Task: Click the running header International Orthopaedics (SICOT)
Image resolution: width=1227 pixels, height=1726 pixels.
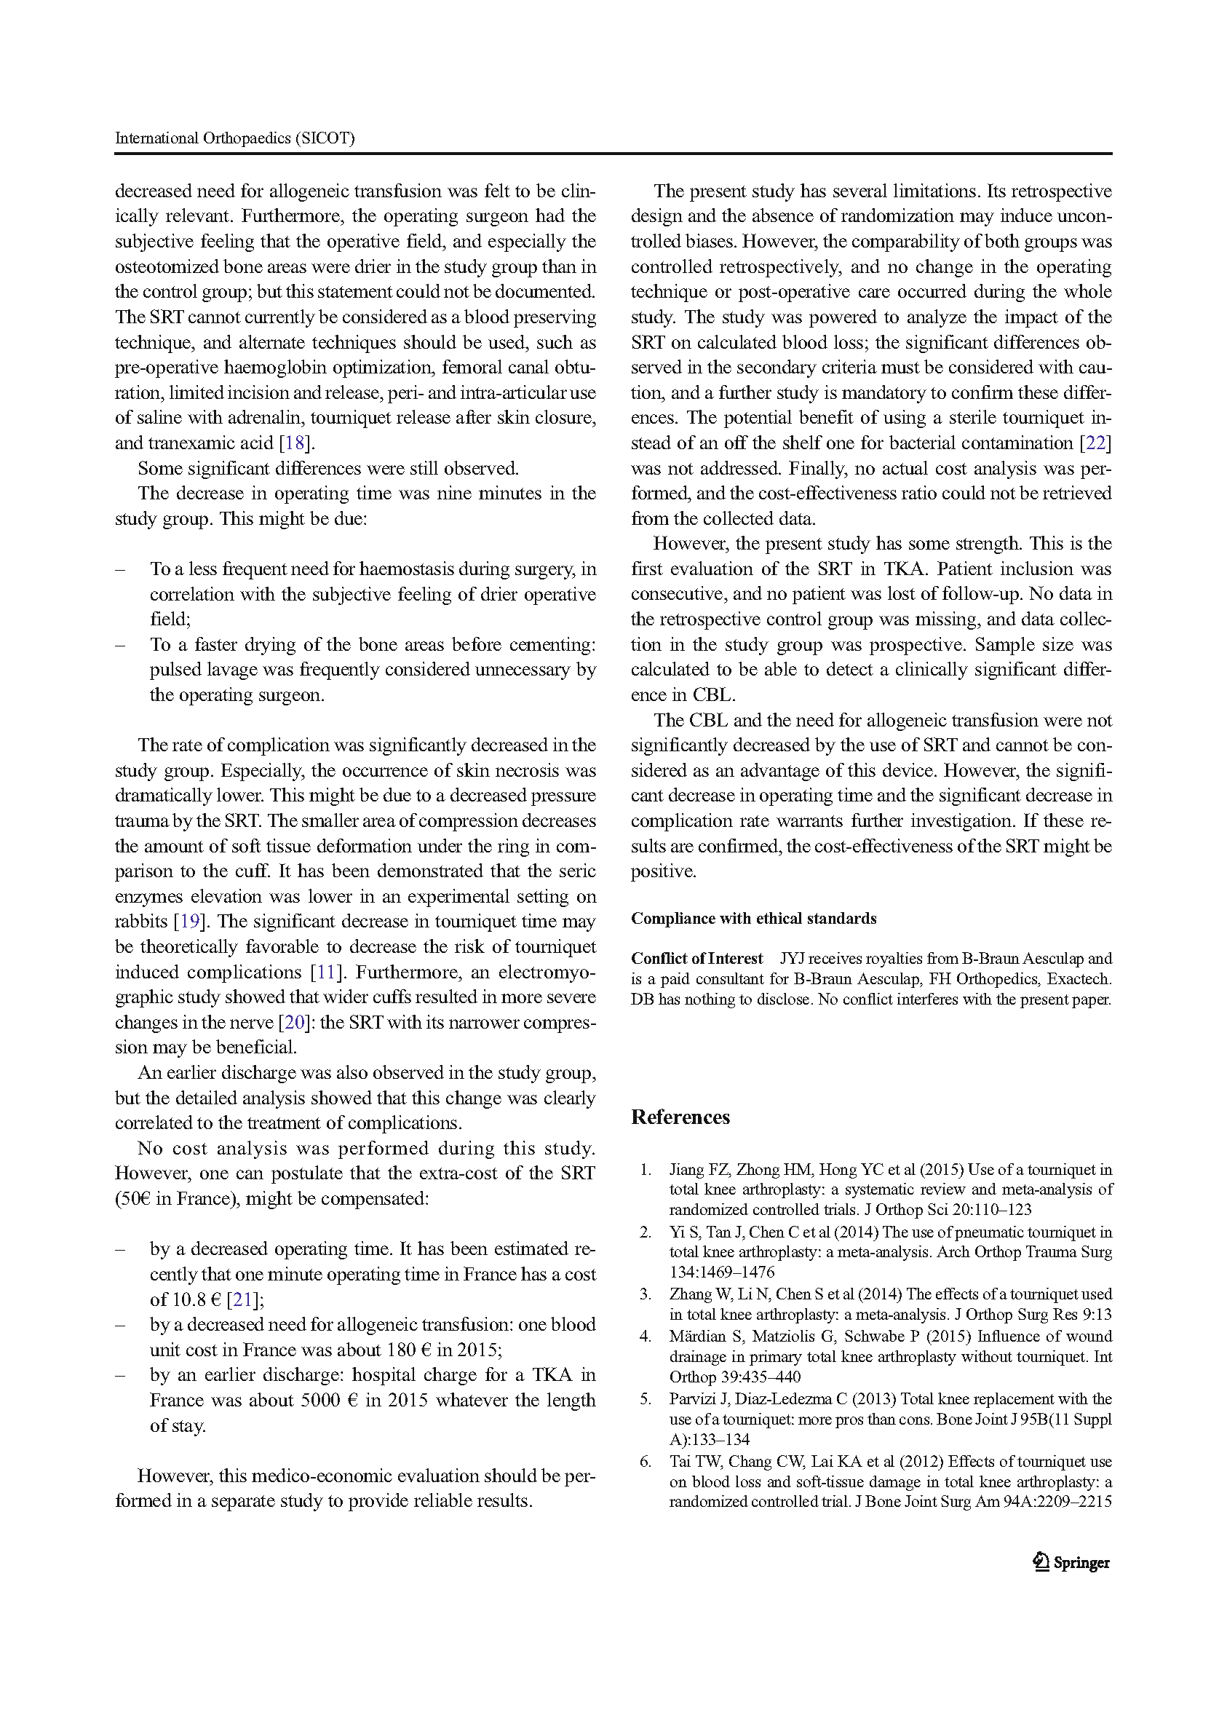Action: (x=234, y=138)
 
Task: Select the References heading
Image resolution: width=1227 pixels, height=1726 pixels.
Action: (x=680, y=1117)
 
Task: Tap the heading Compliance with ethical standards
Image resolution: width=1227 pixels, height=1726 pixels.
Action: (x=753, y=918)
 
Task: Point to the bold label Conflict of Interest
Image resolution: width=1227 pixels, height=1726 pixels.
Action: (x=696, y=958)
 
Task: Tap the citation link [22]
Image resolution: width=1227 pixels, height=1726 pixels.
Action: (x=1095, y=443)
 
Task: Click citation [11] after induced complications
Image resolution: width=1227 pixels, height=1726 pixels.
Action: (x=325, y=972)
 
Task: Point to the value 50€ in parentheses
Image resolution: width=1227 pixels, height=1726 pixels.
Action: (x=136, y=1198)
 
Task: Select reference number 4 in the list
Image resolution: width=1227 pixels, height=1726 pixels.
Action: (x=646, y=1336)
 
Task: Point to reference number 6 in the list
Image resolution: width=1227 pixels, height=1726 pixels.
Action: (x=646, y=1462)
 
